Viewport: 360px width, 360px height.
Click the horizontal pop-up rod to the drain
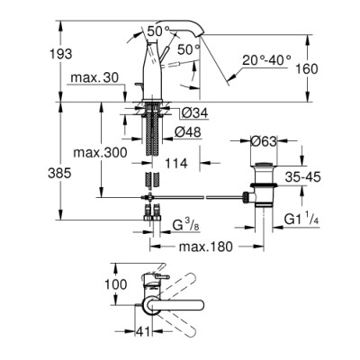point(207,195)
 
